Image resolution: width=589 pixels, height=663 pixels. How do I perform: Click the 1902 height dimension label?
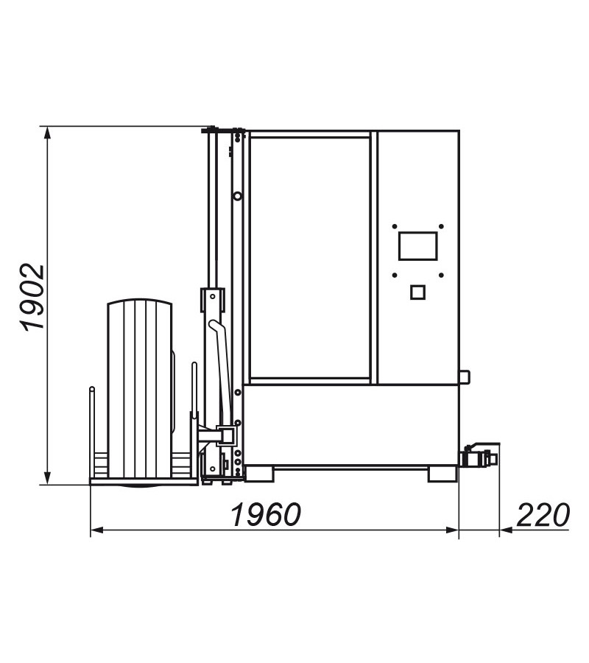pos(33,298)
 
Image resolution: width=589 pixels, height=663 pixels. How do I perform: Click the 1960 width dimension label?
pos(267,514)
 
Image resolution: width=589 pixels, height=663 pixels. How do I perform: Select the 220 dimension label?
pos(543,515)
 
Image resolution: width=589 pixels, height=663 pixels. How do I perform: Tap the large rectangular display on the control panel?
pos(418,245)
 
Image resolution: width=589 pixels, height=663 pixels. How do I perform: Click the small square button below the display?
pos(418,292)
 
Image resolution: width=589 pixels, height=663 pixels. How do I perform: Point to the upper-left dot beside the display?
pos(395,227)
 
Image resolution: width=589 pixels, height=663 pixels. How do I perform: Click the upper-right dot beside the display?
pos(441,227)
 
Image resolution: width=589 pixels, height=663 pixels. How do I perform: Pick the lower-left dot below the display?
pos(395,276)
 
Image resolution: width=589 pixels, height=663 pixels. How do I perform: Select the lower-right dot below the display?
pos(441,276)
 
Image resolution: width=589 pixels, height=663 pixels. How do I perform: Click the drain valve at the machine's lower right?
pos(480,456)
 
